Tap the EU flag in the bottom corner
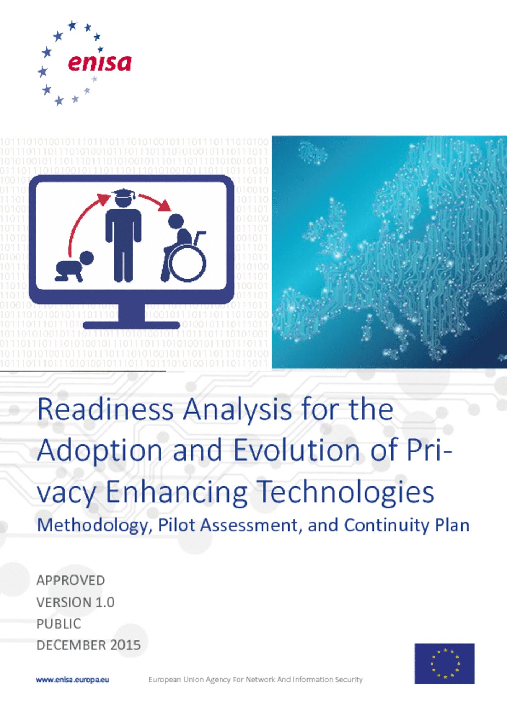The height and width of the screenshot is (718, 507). coord(445,663)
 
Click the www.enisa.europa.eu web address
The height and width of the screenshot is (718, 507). coord(72,680)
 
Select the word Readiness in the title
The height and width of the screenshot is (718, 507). coord(105,410)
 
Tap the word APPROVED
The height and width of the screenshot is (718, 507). coord(71,580)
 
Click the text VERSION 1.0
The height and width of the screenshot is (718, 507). coord(76,602)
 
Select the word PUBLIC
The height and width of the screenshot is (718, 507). coord(59,624)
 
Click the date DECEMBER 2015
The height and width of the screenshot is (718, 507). coord(89,645)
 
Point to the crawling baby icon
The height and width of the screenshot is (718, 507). coord(74,266)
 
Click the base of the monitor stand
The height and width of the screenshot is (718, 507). coord(131,325)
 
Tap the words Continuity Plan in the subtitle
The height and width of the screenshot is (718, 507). coord(407,525)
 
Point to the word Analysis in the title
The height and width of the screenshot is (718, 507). coord(237,410)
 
